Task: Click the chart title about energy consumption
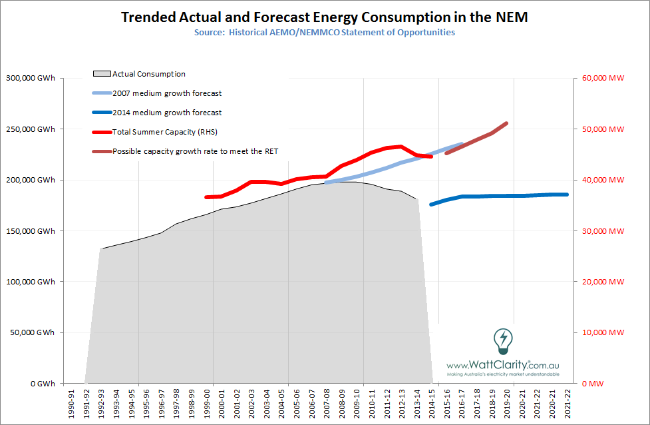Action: point(324,17)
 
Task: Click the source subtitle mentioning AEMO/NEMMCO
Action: point(325,32)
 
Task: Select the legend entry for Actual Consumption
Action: point(148,74)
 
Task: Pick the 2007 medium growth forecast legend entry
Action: point(166,93)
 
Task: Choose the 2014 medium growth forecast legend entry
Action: point(166,113)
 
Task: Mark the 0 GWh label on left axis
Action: point(41,384)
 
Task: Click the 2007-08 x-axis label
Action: point(325,404)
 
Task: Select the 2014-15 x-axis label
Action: point(432,404)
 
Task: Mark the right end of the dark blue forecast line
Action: point(567,195)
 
